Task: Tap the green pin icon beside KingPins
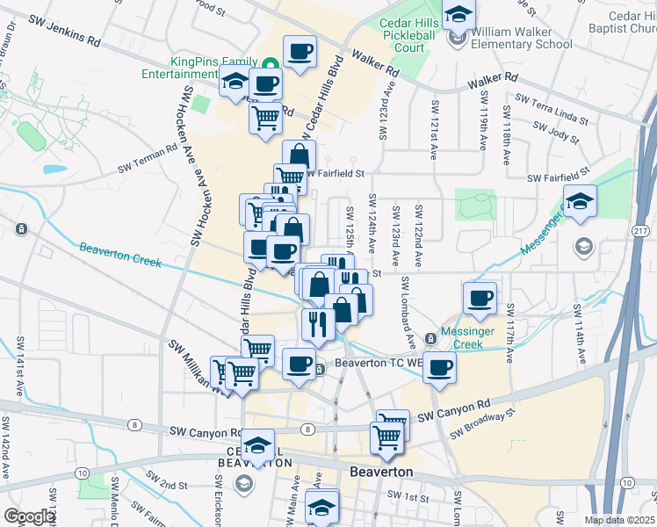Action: click(271, 63)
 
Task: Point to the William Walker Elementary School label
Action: click(521, 38)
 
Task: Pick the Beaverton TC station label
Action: click(367, 368)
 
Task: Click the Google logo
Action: click(30, 516)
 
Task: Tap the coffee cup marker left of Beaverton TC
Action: click(299, 364)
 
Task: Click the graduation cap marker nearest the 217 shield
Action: click(580, 203)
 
